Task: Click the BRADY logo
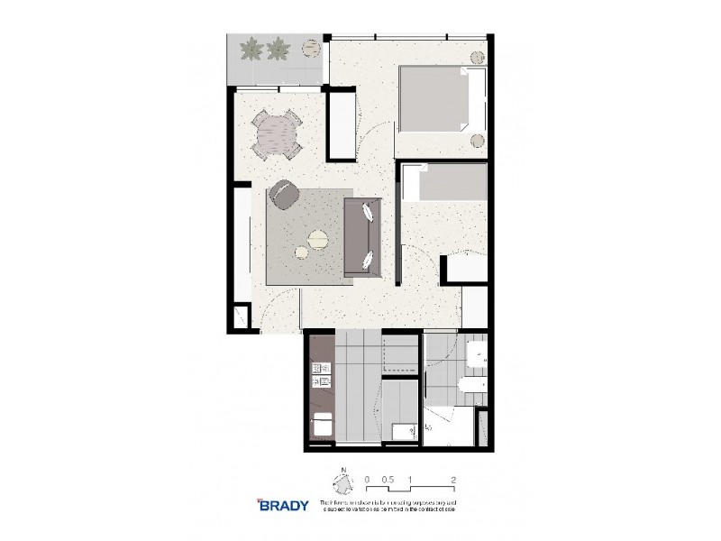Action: pos(282,504)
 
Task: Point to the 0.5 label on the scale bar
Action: pos(388,480)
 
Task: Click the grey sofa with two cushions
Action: pos(362,237)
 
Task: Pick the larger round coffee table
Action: pos(318,239)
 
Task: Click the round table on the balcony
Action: pos(312,44)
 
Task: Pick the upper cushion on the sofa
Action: pos(370,214)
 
